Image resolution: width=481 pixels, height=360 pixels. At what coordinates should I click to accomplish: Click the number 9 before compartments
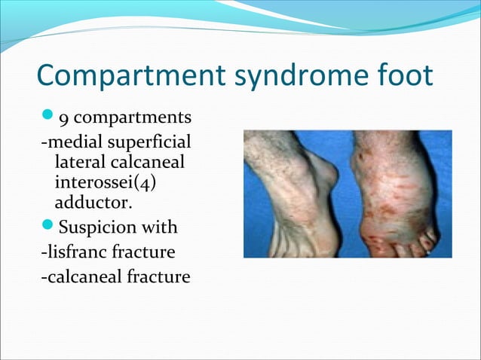pyautogui.click(x=63, y=118)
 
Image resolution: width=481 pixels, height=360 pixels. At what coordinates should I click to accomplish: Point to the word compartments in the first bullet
pyautogui.click(x=133, y=118)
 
